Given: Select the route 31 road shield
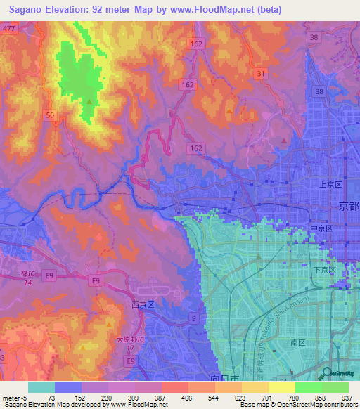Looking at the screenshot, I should pyautogui.click(x=261, y=73).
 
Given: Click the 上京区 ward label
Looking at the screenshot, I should pyautogui.click(x=330, y=184).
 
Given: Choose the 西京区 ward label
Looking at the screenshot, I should pyautogui.click(x=144, y=305).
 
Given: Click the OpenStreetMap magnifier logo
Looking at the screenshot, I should pyautogui.click(x=327, y=373).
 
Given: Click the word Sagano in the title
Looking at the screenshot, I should pyautogui.click(x=26, y=9).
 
